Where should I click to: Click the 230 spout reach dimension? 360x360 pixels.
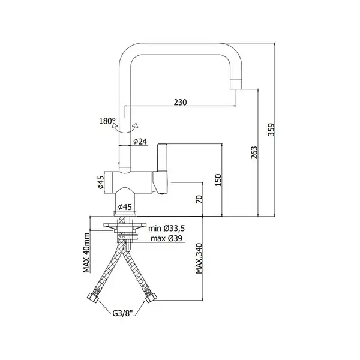[x=180, y=102]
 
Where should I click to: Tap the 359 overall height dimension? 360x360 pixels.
[x=271, y=130]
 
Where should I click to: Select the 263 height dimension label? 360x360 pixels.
[x=254, y=152]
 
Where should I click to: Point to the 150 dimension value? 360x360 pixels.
[x=218, y=180]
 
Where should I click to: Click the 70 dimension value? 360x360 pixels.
[x=199, y=199]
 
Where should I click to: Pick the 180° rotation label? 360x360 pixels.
[x=107, y=121]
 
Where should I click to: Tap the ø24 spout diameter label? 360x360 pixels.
[x=140, y=142]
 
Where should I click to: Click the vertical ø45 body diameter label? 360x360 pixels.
[x=101, y=182]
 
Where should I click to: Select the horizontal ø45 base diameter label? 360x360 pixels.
[x=125, y=207]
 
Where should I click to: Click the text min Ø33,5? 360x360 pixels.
[x=166, y=229]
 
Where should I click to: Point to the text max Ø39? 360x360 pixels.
[x=166, y=239]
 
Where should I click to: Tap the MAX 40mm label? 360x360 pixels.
[x=86, y=253]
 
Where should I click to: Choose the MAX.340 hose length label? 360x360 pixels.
[x=199, y=258]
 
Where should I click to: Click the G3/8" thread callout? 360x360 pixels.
[x=123, y=313]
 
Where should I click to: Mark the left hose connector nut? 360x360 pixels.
[x=93, y=297]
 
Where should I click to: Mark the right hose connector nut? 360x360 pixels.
[x=151, y=297]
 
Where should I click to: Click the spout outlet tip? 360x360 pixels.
[x=236, y=84]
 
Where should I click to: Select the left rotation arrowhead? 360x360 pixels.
[x=115, y=126]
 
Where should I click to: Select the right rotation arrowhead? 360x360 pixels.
[x=136, y=125]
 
